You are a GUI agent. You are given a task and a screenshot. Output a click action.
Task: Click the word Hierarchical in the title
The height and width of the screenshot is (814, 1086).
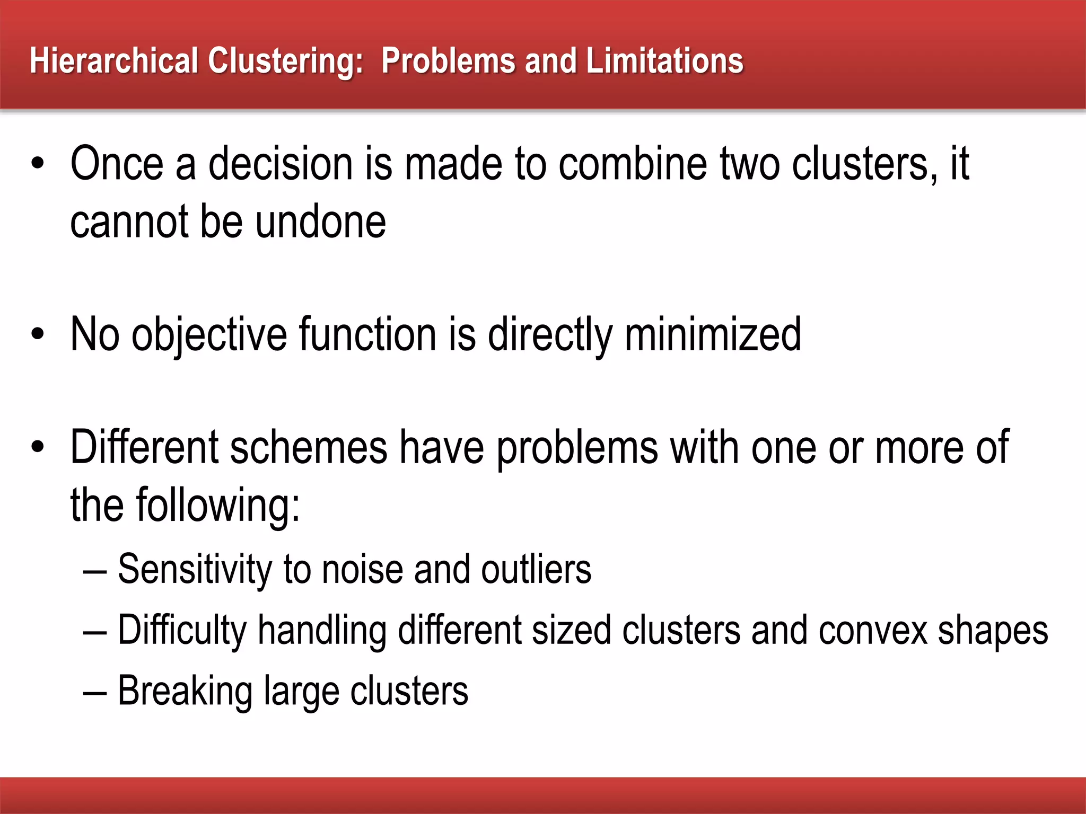tap(114, 61)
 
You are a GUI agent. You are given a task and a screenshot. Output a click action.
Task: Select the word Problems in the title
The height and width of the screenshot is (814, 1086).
tap(448, 61)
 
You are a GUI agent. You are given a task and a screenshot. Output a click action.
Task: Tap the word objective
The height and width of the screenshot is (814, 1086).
tap(209, 335)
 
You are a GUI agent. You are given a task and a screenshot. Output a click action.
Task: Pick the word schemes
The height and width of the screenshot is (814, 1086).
tap(309, 448)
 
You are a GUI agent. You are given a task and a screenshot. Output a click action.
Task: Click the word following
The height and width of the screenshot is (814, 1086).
tap(218, 506)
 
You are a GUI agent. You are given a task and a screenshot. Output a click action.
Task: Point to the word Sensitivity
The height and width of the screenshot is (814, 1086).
tap(194, 570)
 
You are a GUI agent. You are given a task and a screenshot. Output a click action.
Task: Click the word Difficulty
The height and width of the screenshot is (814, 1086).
tap(182, 631)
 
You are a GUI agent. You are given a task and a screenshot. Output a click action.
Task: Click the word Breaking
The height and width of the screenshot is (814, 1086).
tap(185, 692)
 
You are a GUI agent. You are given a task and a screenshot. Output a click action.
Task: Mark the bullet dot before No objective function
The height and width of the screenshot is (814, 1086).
tap(38, 335)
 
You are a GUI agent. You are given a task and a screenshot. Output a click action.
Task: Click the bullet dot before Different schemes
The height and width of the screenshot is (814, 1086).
tap(38, 448)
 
